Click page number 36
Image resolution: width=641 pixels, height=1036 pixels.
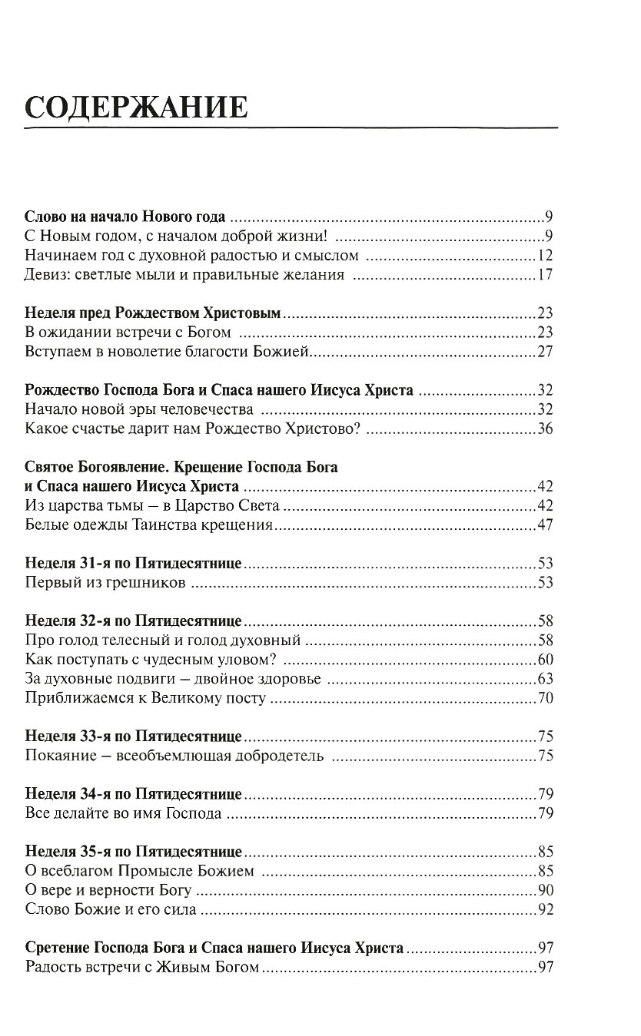pos(545,429)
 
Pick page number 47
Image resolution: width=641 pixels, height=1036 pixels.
pos(545,526)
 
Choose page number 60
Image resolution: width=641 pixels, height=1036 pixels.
pos(545,660)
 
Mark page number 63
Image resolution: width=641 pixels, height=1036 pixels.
pos(545,679)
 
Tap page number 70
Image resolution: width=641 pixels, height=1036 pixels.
pos(545,698)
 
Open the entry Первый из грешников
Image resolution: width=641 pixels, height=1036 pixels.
pos(105,584)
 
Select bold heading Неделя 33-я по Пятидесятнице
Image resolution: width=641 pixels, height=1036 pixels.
pos(134,736)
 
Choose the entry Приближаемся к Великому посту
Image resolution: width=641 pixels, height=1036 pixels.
pos(145,698)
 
